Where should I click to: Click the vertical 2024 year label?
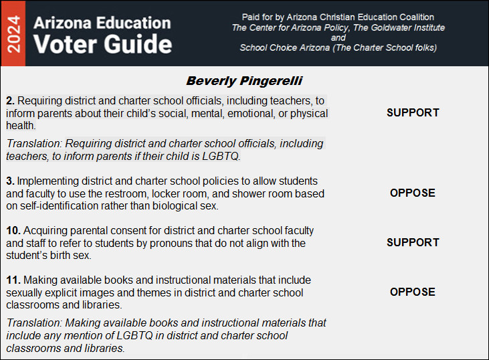coord(12,33)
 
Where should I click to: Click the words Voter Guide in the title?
coord(103,44)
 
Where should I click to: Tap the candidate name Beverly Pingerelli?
coord(244,81)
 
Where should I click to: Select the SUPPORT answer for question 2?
coord(413,112)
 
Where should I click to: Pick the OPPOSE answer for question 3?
coord(413,193)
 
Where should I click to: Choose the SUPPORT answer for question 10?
coord(413,242)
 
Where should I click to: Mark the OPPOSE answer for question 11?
coord(413,292)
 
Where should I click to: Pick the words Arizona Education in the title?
coord(102,21)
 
